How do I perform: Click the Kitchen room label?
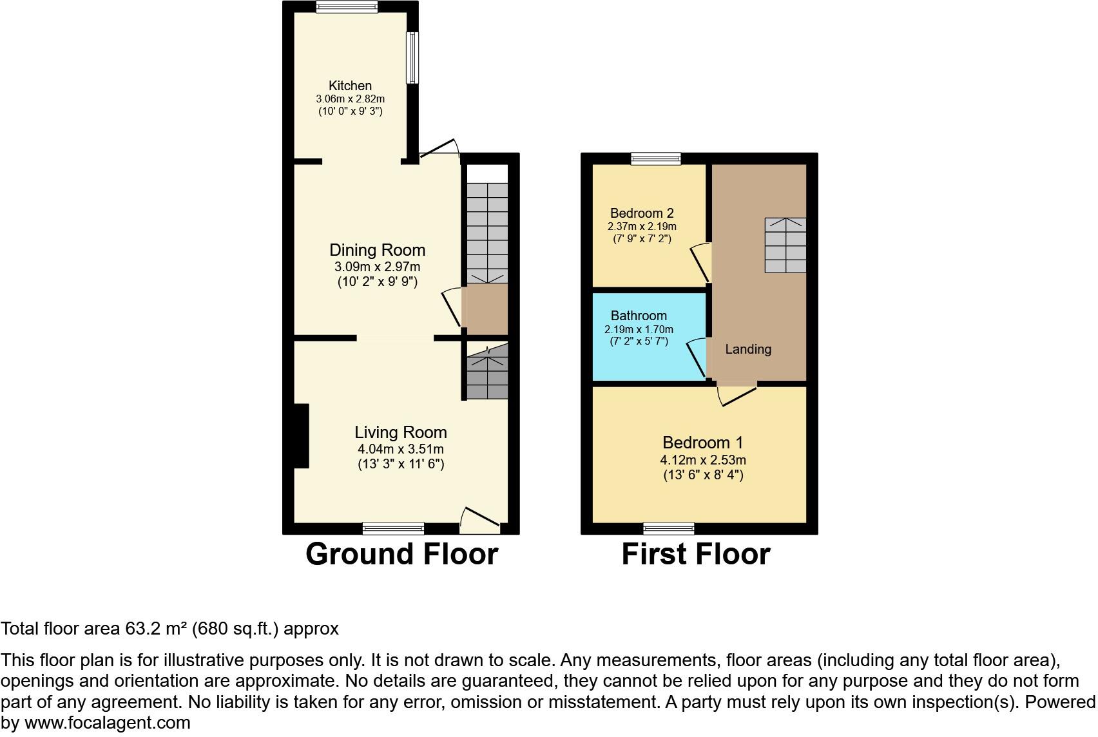(x=350, y=86)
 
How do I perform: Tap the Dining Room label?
(x=377, y=250)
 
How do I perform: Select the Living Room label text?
(x=400, y=432)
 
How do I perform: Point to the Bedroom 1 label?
(x=702, y=443)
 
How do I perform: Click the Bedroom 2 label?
(x=642, y=213)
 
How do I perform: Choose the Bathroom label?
(x=639, y=316)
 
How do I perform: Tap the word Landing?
(x=748, y=349)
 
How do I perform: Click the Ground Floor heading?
(x=401, y=554)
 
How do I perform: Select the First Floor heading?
(x=695, y=554)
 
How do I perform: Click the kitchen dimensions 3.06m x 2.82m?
(x=350, y=99)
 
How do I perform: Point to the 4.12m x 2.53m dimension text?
(x=702, y=460)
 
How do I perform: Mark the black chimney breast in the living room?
(x=301, y=436)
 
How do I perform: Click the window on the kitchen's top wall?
(x=347, y=6)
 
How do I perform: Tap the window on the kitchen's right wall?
(x=412, y=57)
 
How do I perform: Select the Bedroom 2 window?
(x=655, y=158)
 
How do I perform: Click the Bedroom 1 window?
(x=669, y=529)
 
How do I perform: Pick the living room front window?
(x=393, y=529)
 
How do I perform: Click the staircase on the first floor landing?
(x=785, y=245)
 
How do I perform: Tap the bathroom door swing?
(x=697, y=358)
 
